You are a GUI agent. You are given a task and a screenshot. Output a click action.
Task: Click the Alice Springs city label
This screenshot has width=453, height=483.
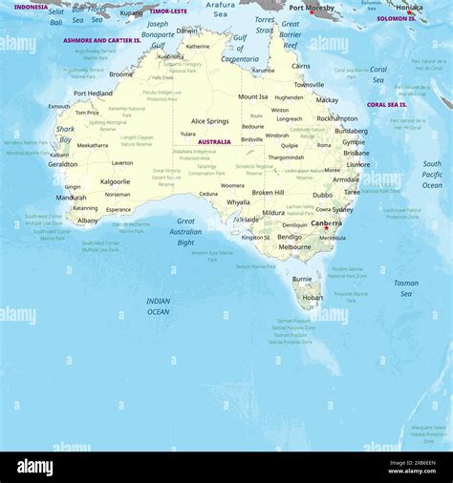[209, 121]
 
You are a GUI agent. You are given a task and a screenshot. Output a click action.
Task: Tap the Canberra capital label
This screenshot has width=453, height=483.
[327, 223]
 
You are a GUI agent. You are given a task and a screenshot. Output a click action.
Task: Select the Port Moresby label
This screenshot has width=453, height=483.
[312, 8]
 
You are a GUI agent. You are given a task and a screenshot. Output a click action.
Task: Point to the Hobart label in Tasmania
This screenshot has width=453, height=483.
[313, 297]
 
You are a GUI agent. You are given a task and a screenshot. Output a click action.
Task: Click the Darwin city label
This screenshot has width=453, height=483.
[188, 31]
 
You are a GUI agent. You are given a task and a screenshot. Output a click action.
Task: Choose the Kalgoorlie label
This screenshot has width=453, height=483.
[115, 180]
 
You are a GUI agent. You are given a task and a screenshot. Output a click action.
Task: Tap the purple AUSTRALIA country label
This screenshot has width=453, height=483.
[213, 141]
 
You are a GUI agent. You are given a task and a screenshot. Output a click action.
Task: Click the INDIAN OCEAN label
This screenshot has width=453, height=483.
[158, 306]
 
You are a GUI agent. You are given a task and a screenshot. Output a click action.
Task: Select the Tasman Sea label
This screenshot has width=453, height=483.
[405, 287]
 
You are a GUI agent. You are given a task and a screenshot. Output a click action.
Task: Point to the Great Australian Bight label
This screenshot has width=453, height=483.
[185, 231]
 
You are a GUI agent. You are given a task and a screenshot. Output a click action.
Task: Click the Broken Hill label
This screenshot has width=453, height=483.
[268, 192]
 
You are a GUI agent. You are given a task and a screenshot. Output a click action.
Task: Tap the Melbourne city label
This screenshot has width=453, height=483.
[294, 247]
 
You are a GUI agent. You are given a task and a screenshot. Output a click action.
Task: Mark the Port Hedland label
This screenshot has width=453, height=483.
[93, 94]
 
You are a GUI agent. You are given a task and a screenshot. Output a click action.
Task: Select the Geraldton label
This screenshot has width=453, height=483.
[63, 164]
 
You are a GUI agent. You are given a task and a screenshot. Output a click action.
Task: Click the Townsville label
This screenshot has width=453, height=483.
[309, 84]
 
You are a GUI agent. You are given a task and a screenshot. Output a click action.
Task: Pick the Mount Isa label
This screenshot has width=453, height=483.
[252, 96]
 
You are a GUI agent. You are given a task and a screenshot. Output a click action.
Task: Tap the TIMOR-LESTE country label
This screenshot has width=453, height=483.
[168, 11]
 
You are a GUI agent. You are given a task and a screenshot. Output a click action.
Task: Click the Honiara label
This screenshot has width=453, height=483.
[409, 8]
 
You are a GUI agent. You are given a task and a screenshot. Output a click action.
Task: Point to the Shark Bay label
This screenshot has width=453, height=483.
[65, 134]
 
